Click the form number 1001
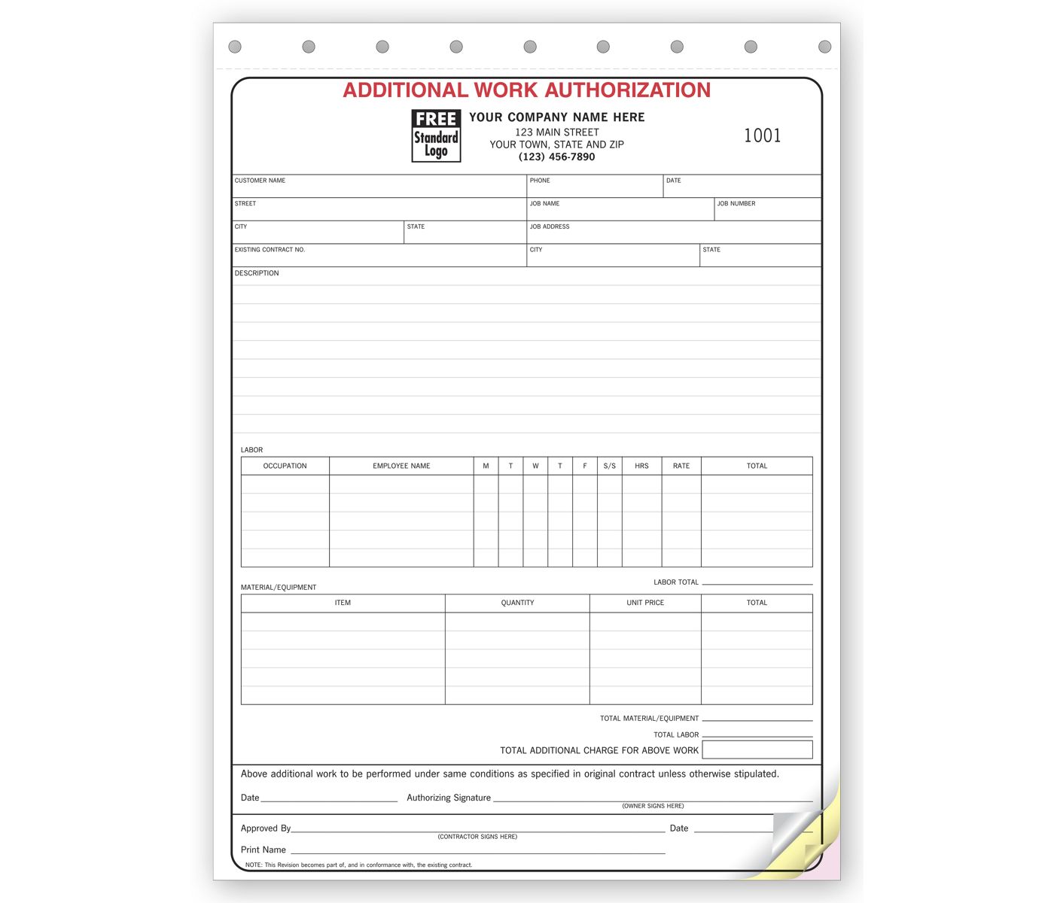tap(762, 135)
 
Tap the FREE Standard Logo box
tap(436, 136)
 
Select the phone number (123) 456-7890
tap(556, 157)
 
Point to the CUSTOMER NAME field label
tap(260, 181)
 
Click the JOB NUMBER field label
tap(736, 204)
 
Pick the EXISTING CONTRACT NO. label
tap(270, 250)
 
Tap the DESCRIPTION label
tap(257, 273)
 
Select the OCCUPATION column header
tap(285, 466)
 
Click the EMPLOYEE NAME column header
tap(401, 466)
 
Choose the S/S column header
tap(609, 466)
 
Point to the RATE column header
tap(681, 466)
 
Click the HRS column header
tap(641, 466)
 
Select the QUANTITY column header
tap(517, 603)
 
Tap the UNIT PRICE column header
tap(645, 603)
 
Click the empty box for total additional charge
tap(757, 749)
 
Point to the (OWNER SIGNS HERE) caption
tap(653, 806)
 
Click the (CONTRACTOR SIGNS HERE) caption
tap(477, 837)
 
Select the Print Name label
tap(263, 850)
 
